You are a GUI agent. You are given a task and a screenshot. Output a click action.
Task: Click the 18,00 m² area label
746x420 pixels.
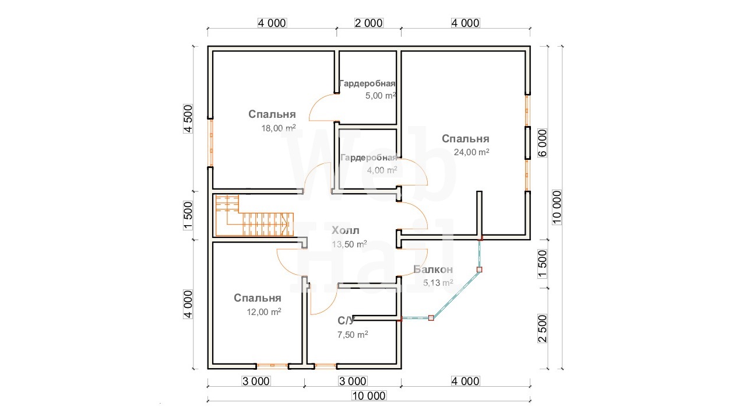pyautogui.click(x=279, y=128)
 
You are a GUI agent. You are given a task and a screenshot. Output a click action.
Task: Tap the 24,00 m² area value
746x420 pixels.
pyautogui.click(x=471, y=152)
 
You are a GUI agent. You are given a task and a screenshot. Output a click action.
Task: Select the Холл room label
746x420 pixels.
pyautogui.click(x=346, y=230)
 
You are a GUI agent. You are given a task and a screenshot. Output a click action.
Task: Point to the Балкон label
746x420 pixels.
pyautogui.click(x=433, y=269)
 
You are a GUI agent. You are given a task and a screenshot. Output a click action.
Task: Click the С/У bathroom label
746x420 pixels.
pyautogui.click(x=346, y=321)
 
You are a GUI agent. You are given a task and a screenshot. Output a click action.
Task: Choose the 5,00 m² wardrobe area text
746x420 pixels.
pyautogui.click(x=381, y=96)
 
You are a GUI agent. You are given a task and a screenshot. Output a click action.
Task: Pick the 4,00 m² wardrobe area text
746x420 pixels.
pyautogui.click(x=382, y=170)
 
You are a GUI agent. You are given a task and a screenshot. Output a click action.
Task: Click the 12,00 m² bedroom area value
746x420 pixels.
pyautogui.click(x=264, y=311)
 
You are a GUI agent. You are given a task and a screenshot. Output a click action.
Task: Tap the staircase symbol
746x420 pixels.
pyautogui.click(x=255, y=216)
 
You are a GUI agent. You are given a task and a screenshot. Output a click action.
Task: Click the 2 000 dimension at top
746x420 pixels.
pyautogui.click(x=369, y=23)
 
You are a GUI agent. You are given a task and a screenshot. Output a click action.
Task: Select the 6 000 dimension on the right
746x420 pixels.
pyautogui.click(x=542, y=143)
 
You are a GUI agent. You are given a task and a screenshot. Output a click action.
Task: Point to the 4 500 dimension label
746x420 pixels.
pyautogui.click(x=188, y=118)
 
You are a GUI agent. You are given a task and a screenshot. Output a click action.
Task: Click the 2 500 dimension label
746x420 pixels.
pyautogui.click(x=542, y=328)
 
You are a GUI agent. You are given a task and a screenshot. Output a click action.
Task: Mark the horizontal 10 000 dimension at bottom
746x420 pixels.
pyautogui.click(x=369, y=395)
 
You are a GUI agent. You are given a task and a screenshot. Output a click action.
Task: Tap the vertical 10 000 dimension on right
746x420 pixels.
pyautogui.click(x=557, y=207)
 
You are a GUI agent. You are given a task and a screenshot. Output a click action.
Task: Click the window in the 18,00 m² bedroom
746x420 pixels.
pyautogui.click(x=210, y=143)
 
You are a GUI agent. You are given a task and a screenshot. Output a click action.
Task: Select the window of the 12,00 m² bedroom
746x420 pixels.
pyautogui.click(x=272, y=366)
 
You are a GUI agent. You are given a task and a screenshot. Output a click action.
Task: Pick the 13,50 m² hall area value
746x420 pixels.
pyautogui.click(x=349, y=244)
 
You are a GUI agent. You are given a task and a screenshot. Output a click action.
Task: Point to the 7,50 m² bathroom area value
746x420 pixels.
pyautogui.click(x=353, y=334)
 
